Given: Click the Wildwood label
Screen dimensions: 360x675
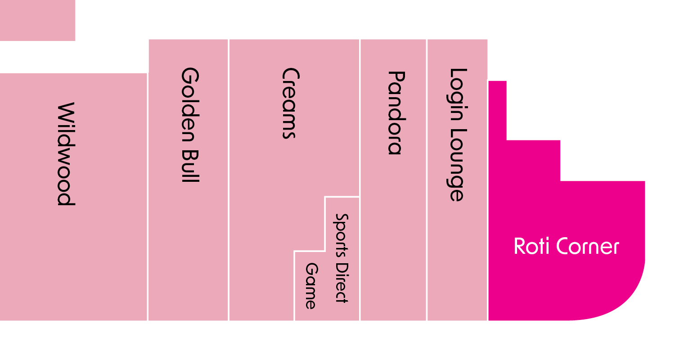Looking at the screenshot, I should point(66,154).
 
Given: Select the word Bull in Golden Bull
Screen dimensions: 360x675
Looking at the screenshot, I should point(189,165).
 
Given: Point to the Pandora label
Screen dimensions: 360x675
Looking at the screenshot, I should point(395,112).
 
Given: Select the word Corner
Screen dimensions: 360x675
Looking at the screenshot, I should point(588,247).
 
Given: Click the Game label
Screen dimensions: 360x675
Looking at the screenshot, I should point(311,286).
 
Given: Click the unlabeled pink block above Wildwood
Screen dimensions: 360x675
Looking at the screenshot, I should point(37,20).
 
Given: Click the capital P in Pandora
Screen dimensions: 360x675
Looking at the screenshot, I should point(395,77).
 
